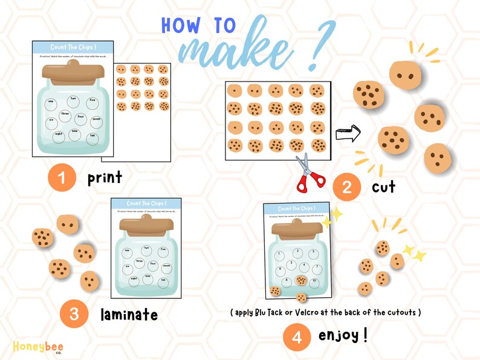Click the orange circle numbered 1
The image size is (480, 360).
coord(62,178)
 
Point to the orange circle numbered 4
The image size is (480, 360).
coord(296,337)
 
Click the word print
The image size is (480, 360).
coord(105,178)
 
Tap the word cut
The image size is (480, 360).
coord(383,187)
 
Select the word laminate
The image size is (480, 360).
coord(129,314)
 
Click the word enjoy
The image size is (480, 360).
coord(342,335)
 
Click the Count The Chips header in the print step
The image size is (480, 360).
coord(73,47)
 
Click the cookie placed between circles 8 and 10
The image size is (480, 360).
coord(301,280)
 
